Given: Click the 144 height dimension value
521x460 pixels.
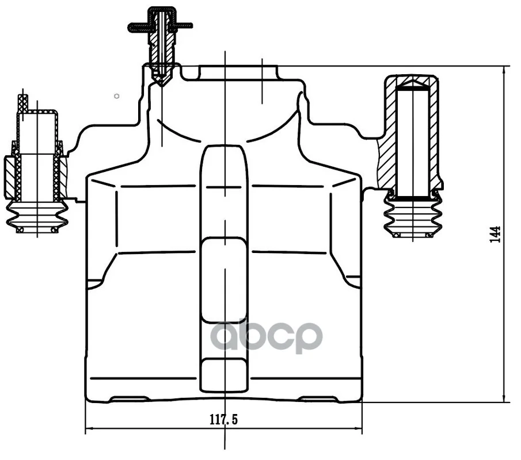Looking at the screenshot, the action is [x=495, y=235].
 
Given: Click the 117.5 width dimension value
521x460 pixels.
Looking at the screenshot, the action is [x=223, y=420].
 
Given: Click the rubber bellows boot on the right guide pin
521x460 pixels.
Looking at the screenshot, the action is [x=413, y=216].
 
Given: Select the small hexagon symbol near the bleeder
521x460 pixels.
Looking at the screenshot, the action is [x=117, y=96].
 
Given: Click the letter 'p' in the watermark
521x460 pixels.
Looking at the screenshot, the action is [x=307, y=338].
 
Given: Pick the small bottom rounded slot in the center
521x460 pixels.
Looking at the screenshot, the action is [x=225, y=375].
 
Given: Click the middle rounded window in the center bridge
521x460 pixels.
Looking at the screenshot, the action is [x=225, y=280].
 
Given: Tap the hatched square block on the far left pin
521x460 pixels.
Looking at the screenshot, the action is [x=9, y=177].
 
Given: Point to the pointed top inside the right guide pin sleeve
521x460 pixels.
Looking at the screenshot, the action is [x=413, y=83].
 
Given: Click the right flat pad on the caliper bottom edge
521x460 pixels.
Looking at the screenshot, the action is [x=320, y=398].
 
